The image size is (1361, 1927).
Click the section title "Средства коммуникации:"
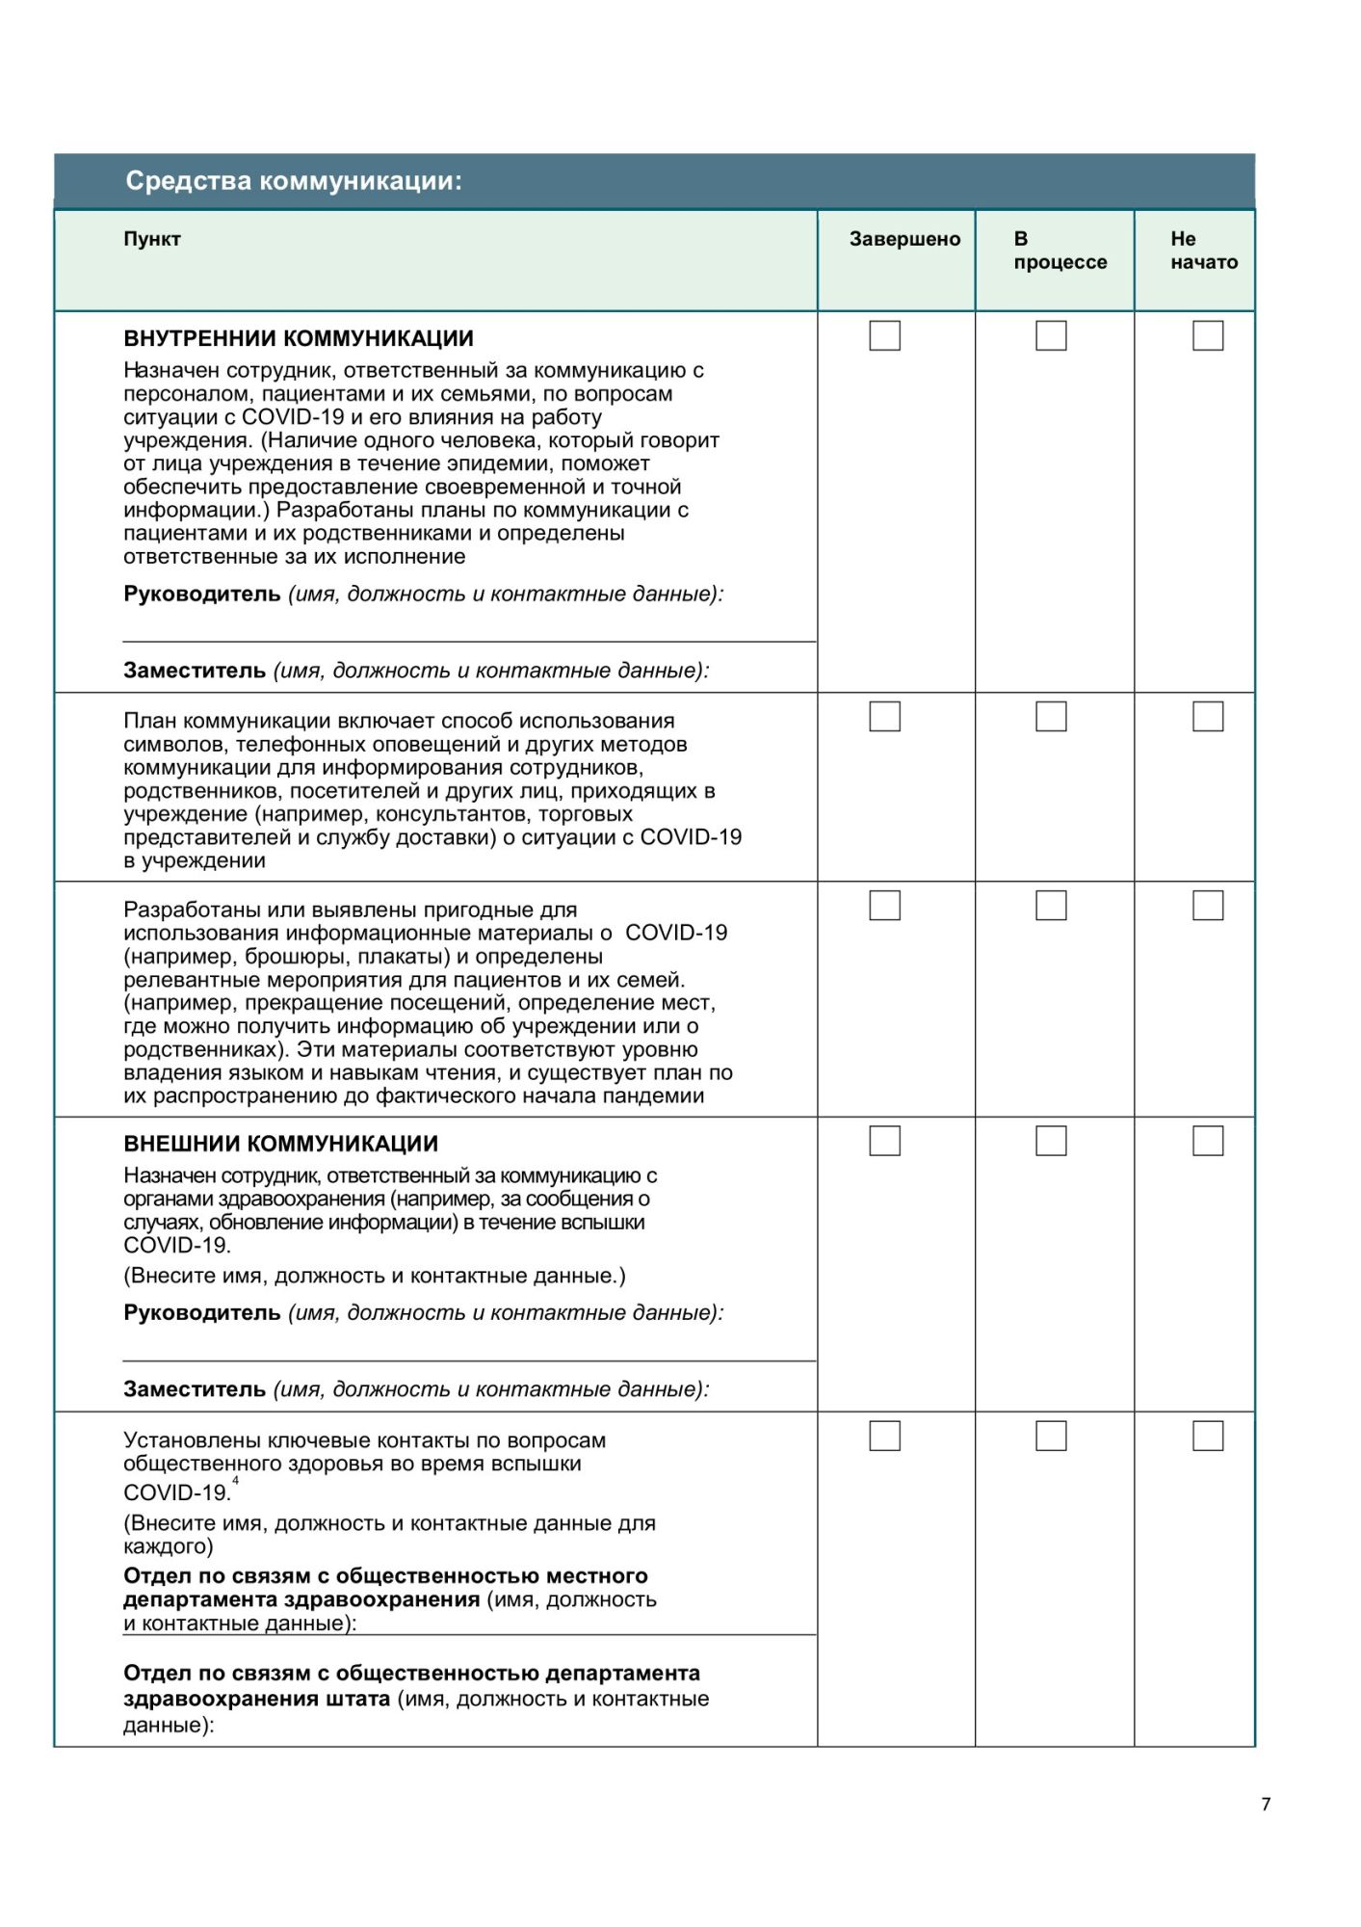click(294, 181)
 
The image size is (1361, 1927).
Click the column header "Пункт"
click(152, 239)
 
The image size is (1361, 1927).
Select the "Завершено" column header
click(904, 239)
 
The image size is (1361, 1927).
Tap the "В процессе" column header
click(1060, 251)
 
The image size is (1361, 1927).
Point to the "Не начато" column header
click(1204, 251)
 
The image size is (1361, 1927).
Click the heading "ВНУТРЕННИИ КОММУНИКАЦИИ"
click(299, 339)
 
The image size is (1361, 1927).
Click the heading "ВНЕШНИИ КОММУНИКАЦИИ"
click(280, 1145)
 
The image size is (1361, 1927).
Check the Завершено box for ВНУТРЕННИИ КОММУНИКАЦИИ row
click(884, 335)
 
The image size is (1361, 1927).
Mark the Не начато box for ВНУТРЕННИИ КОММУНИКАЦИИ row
click(1208, 335)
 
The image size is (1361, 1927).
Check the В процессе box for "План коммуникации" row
click(1051, 717)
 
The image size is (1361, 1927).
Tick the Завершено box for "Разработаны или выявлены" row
click(884, 906)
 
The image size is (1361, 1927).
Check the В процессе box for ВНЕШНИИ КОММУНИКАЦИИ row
click(1051, 1141)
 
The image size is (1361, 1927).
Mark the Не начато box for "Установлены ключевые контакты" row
click(1208, 1437)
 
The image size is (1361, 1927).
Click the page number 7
click(1266, 1805)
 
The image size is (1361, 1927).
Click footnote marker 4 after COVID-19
click(236, 1482)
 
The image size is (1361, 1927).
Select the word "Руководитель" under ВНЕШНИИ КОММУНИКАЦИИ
click(202, 1313)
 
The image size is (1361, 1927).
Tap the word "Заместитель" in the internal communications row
click(195, 671)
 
